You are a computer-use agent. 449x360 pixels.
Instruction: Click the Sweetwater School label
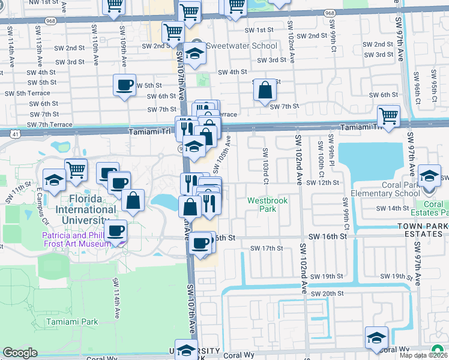pyautogui.click(x=241, y=46)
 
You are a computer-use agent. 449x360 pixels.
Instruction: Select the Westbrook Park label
pyautogui.click(x=262, y=205)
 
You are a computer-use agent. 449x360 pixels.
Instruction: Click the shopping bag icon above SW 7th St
pyautogui.click(x=264, y=91)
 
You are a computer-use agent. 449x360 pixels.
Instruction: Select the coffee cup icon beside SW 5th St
pyautogui.click(x=124, y=85)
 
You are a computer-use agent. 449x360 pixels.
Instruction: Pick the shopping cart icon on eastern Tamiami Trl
pyautogui.click(x=388, y=116)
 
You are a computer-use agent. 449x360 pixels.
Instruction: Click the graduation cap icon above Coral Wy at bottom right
pyautogui.click(x=376, y=338)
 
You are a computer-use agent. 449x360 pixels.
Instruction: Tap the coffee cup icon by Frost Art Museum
pyautogui.click(x=116, y=230)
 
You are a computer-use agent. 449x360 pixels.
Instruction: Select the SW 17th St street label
pyautogui.click(x=267, y=248)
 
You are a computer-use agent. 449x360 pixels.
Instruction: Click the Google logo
pyautogui.click(x=20, y=352)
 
